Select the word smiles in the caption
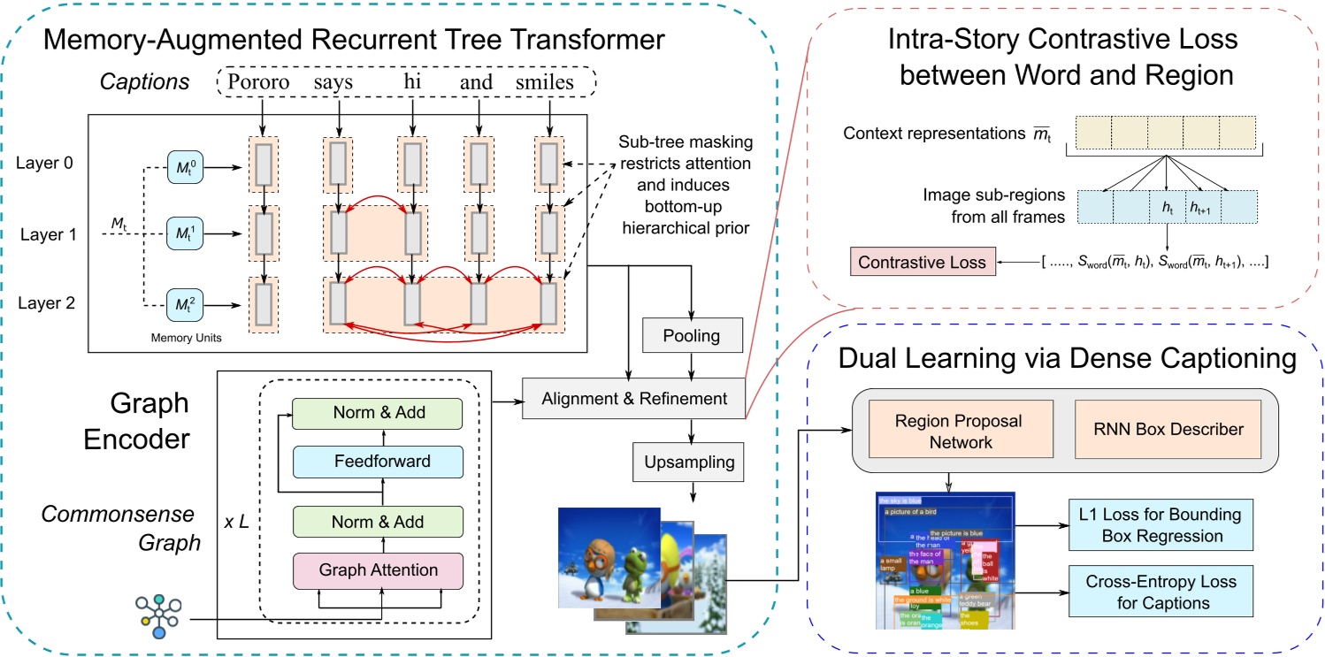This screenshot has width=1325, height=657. [x=545, y=82]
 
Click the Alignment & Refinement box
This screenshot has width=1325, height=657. [x=634, y=399]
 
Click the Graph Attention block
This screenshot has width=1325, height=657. [x=378, y=570]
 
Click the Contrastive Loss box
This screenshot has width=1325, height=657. [x=918, y=262]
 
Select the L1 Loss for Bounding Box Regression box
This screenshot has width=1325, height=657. [x=1160, y=524]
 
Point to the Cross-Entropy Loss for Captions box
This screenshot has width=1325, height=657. [x=1160, y=592]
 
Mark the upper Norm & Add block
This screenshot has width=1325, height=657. [x=378, y=413]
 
